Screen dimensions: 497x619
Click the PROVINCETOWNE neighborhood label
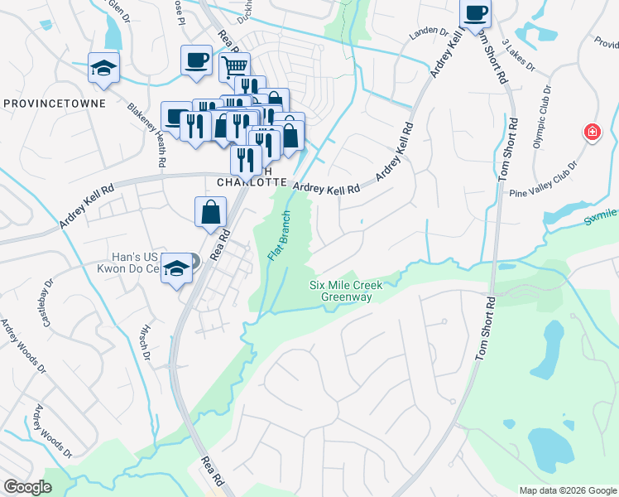coord(54,104)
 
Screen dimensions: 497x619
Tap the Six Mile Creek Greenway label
coord(346,291)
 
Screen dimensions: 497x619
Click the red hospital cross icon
coord(592,132)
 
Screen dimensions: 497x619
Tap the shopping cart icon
coord(235,65)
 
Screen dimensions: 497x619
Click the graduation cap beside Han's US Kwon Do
coord(175,268)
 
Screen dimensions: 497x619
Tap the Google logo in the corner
coord(27,487)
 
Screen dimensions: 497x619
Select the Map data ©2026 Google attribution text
coord(567,490)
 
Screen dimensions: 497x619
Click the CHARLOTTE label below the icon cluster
coord(251,182)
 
